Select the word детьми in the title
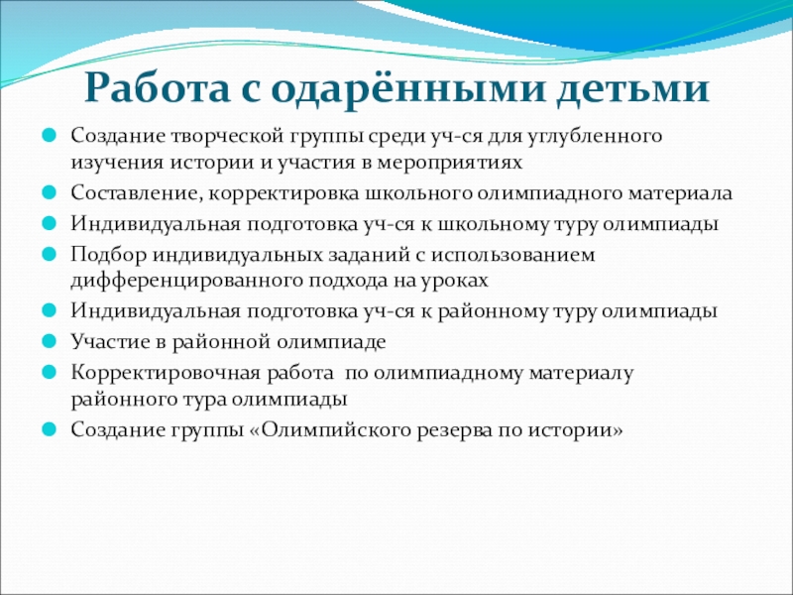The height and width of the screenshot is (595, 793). pyautogui.click(x=633, y=89)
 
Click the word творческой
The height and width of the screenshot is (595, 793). pyautogui.click(x=227, y=137)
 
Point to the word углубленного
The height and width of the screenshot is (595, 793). pyautogui.click(x=596, y=137)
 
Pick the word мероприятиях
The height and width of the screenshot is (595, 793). pyautogui.click(x=449, y=164)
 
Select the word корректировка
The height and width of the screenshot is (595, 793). pyautogui.click(x=283, y=194)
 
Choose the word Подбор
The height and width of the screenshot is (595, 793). pyautogui.click(x=108, y=255)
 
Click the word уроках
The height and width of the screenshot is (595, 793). pyautogui.click(x=454, y=282)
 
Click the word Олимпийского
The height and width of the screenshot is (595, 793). pyautogui.click(x=336, y=430)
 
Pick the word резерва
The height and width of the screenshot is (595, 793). pyautogui.click(x=454, y=431)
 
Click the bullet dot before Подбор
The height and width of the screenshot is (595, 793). pyautogui.click(x=49, y=254)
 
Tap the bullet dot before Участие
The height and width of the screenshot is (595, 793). pyautogui.click(x=49, y=341)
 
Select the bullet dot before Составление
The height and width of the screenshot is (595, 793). pyautogui.click(x=49, y=192)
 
